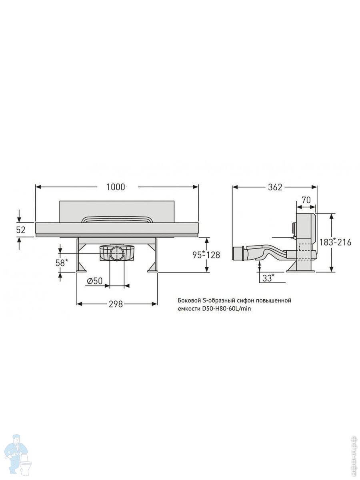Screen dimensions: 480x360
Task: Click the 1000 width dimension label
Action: pyautogui.click(x=116, y=187)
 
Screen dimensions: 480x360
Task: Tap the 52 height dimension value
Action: pyautogui.click(x=21, y=230)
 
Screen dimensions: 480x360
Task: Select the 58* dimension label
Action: pyautogui.click(x=61, y=262)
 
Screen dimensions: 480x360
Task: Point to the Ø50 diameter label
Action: pyautogui.click(x=95, y=281)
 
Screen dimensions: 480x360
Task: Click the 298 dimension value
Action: pyautogui.click(x=116, y=304)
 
